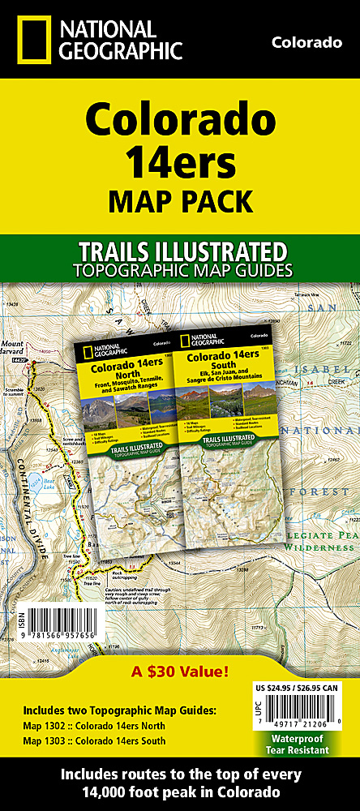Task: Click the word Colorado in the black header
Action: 306,42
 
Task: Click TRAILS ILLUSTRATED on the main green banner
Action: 180,249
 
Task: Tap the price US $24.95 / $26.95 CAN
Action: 296,689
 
